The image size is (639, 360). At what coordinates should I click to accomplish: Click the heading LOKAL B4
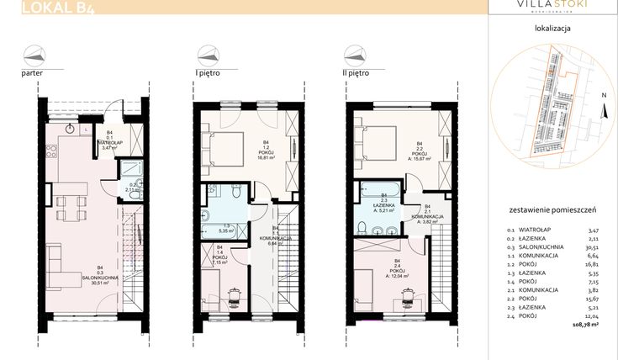[57, 8]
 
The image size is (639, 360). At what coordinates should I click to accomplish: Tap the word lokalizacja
[552, 28]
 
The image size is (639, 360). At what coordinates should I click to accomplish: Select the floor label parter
[33, 73]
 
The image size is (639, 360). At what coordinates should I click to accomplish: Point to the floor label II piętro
[353, 73]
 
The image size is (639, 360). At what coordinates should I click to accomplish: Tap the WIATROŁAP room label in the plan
[107, 143]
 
